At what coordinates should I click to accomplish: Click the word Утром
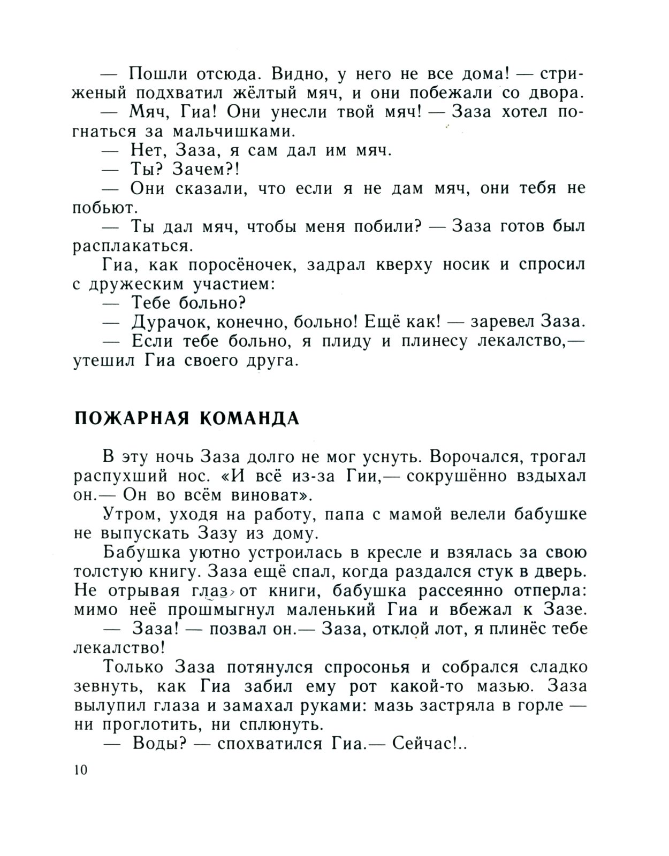[132, 514]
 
